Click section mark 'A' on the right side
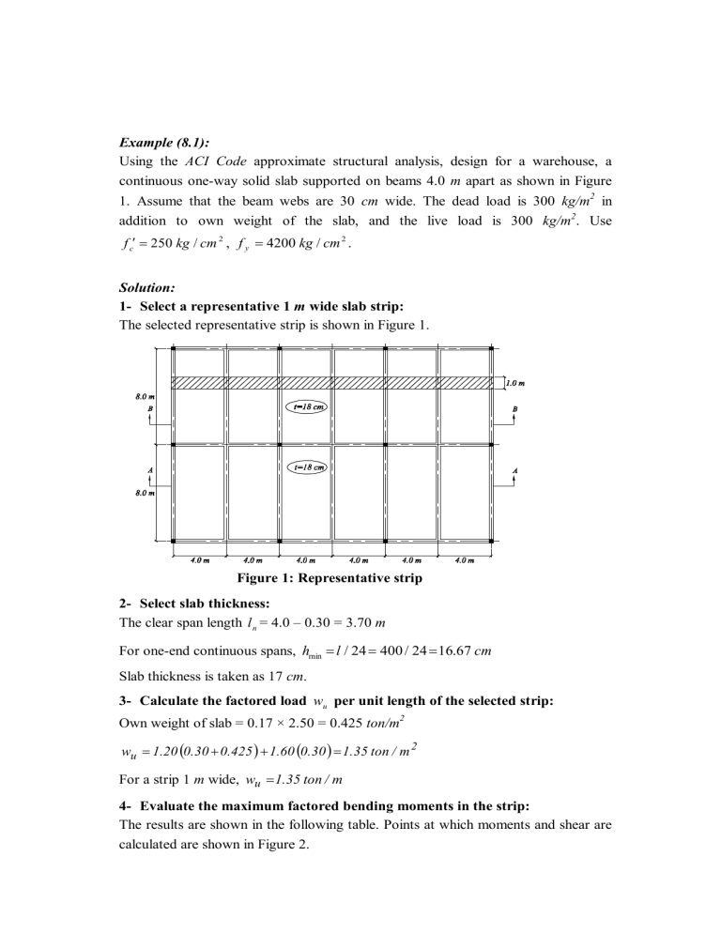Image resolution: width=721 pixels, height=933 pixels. coord(514,469)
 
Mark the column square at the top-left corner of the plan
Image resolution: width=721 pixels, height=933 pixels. coord(174,348)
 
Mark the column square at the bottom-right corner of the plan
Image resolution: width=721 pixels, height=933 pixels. coord(492,542)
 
